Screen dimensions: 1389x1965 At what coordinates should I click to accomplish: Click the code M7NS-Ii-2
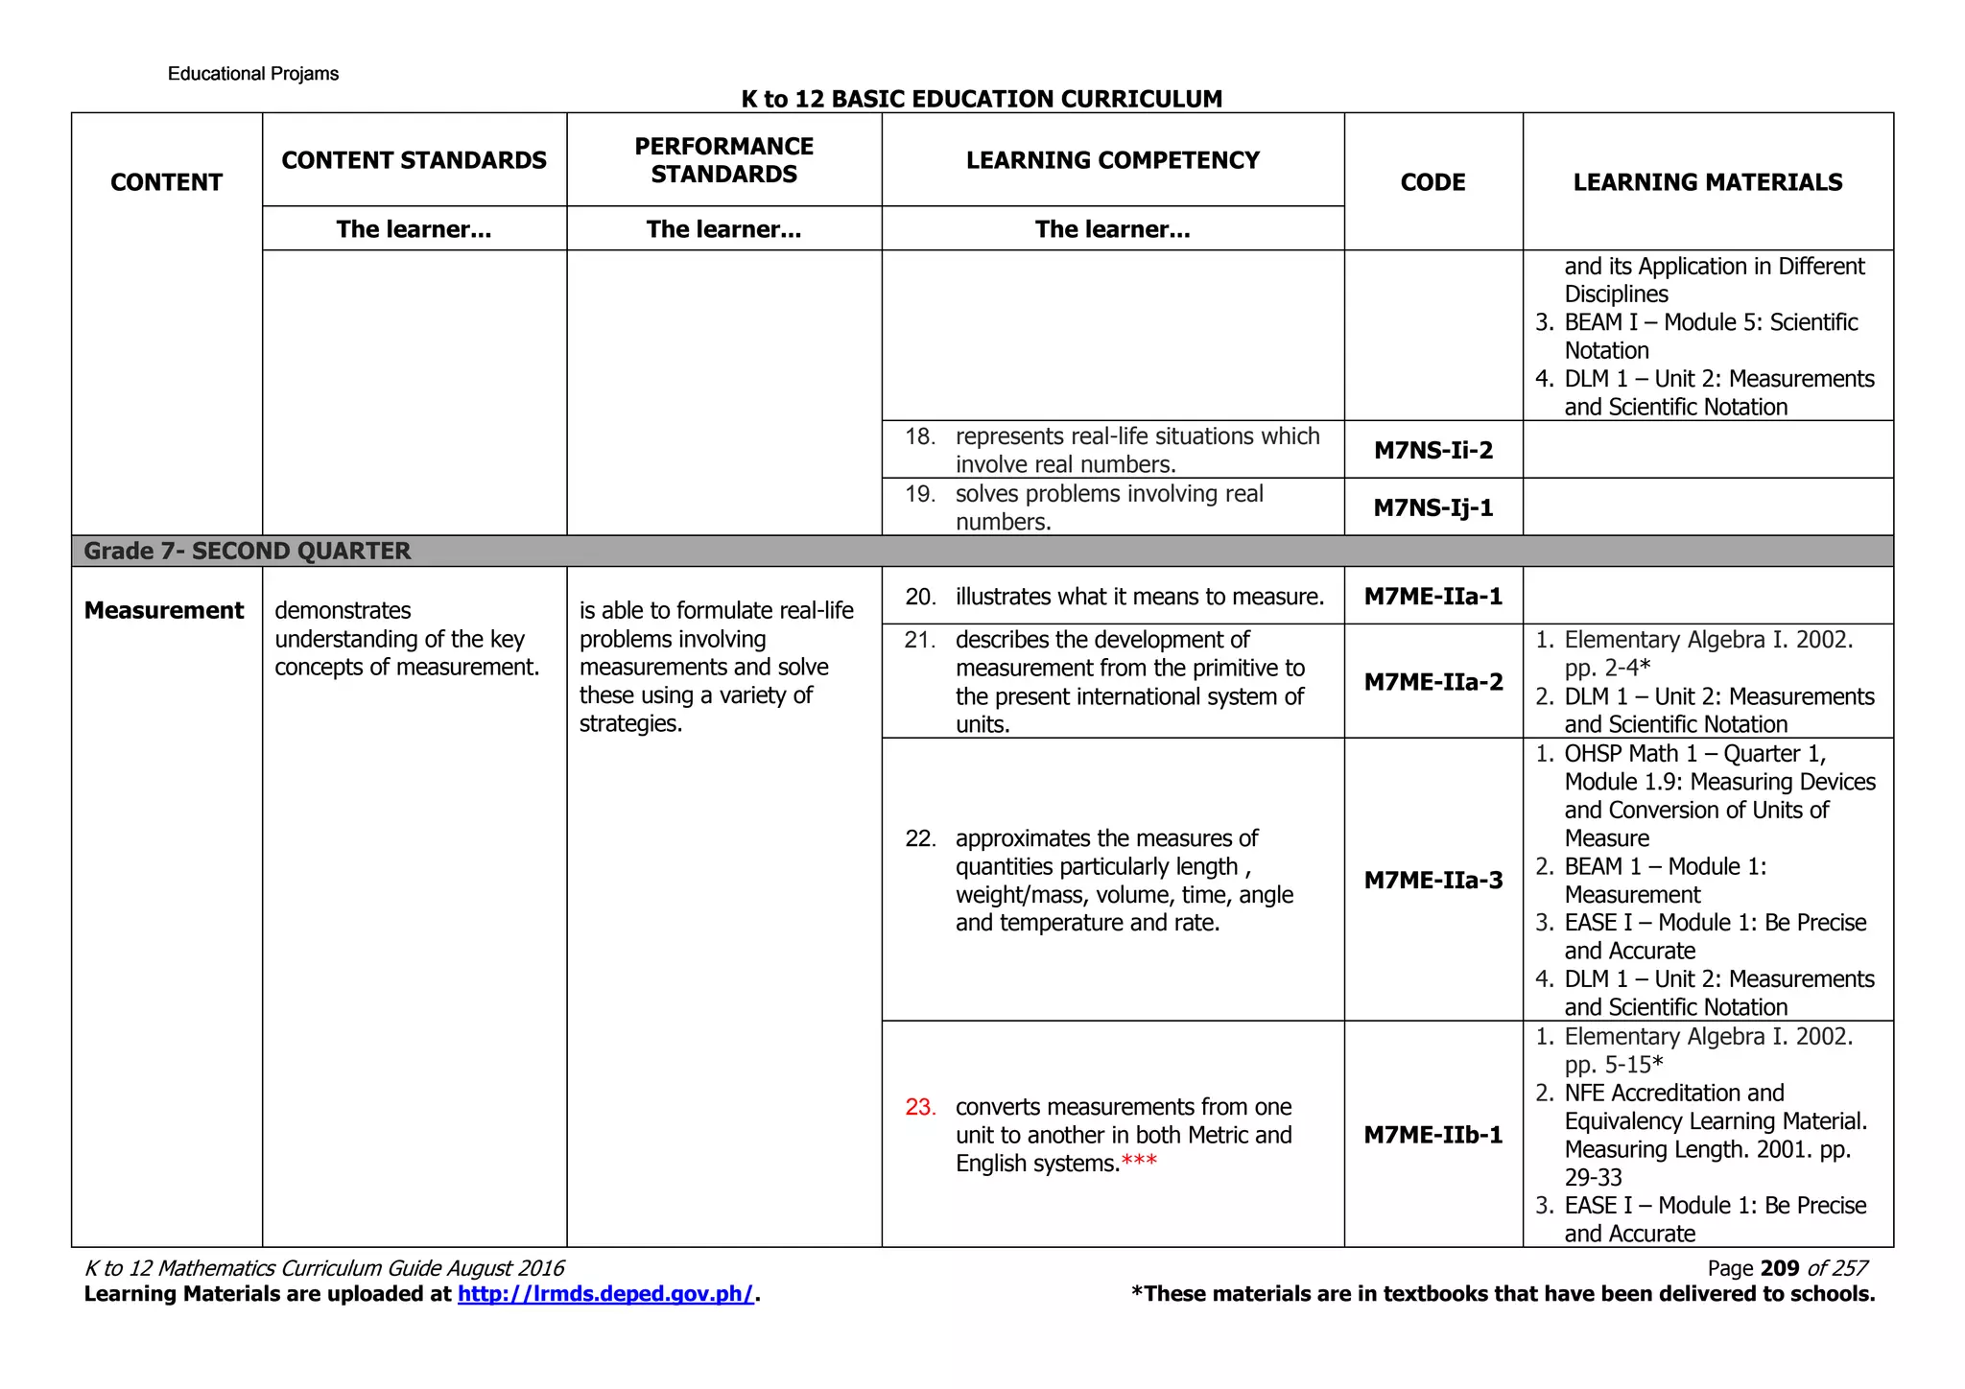pyautogui.click(x=1432, y=450)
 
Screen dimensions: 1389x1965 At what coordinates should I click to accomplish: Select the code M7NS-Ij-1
pyautogui.click(x=1432, y=507)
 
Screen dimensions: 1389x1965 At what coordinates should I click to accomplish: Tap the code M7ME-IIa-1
pyautogui.click(x=1432, y=597)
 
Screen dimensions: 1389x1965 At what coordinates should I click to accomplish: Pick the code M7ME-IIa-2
pyautogui.click(x=1432, y=682)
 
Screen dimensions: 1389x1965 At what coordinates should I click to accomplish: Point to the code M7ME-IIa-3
pyautogui.click(x=1432, y=880)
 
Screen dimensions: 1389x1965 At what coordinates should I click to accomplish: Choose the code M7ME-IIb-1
pyautogui.click(x=1432, y=1135)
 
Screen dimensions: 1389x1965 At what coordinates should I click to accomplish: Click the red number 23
pyautogui.click(x=919, y=1107)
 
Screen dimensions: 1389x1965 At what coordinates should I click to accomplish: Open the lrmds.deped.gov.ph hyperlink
pyautogui.click(x=605, y=1294)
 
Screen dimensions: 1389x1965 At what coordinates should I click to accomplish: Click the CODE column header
pyautogui.click(x=1432, y=182)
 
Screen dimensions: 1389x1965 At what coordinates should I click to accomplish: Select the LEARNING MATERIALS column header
pyautogui.click(x=1707, y=182)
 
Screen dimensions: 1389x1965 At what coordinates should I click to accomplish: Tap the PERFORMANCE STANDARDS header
pyautogui.click(x=723, y=160)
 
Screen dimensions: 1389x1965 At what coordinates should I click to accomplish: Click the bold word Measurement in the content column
pyautogui.click(x=164, y=611)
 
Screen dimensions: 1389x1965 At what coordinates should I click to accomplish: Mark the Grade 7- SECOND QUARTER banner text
pyautogui.click(x=247, y=551)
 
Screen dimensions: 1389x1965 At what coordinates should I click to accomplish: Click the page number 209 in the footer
pyautogui.click(x=1779, y=1268)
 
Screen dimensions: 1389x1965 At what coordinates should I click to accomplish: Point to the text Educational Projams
pyautogui.click(x=252, y=74)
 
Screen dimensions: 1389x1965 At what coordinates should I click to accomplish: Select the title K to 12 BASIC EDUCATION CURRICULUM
pyautogui.click(x=982, y=99)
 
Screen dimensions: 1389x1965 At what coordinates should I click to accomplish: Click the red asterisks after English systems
pyautogui.click(x=1139, y=1163)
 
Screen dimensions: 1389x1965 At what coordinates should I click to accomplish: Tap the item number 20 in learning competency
pyautogui.click(x=919, y=597)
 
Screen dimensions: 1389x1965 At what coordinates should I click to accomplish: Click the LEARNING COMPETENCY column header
pyautogui.click(x=1112, y=160)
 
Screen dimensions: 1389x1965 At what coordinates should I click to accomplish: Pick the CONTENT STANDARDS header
pyautogui.click(x=414, y=160)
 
